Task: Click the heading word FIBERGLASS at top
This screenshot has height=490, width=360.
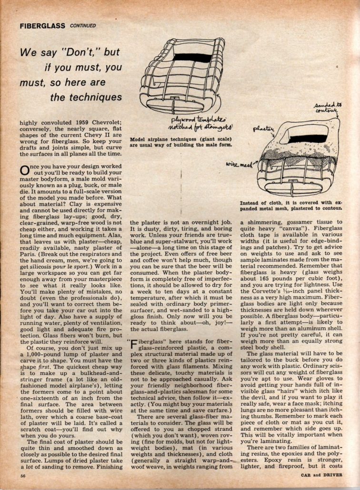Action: (x=42, y=25)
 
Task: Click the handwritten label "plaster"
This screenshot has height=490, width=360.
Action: (x=263, y=128)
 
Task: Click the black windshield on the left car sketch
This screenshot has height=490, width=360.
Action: (x=192, y=58)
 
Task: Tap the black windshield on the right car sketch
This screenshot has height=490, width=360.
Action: (x=308, y=139)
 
